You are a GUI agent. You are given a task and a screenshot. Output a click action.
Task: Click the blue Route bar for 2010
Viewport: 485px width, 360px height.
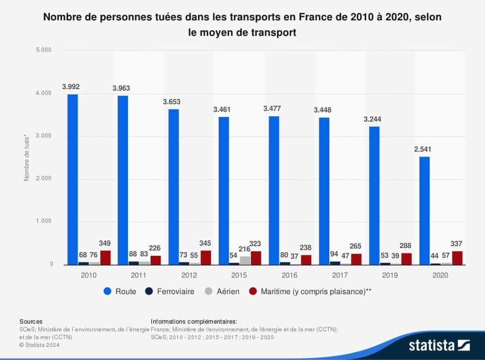pyautogui.click(x=73, y=179)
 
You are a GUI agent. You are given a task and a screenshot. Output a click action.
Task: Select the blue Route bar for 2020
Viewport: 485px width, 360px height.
pyautogui.click(x=424, y=211)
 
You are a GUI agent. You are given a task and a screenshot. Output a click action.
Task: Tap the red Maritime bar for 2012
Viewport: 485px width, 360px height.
pyautogui.click(x=206, y=257)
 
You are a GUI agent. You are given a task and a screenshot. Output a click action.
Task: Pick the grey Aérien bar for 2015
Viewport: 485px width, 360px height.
pyautogui.click(x=245, y=260)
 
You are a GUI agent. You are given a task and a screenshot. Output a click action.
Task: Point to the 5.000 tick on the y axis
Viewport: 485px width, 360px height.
pyautogui.click(x=44, y=50)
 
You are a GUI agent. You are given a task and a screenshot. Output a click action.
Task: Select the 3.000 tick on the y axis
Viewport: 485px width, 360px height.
pyautogui.click(x=44, y=136)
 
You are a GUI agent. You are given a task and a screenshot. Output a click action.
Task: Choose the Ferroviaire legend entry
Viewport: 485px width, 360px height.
pyautogui.click(x=170, y=292)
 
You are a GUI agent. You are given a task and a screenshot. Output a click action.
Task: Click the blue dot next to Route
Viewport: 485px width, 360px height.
pyautogui.click(x=108, y=292)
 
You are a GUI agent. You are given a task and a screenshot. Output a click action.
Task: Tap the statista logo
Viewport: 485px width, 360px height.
pyautogui.click(x=438, y=345)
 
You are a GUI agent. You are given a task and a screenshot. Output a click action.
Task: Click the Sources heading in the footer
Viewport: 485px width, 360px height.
pyautogui.click(x=31, y=321)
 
